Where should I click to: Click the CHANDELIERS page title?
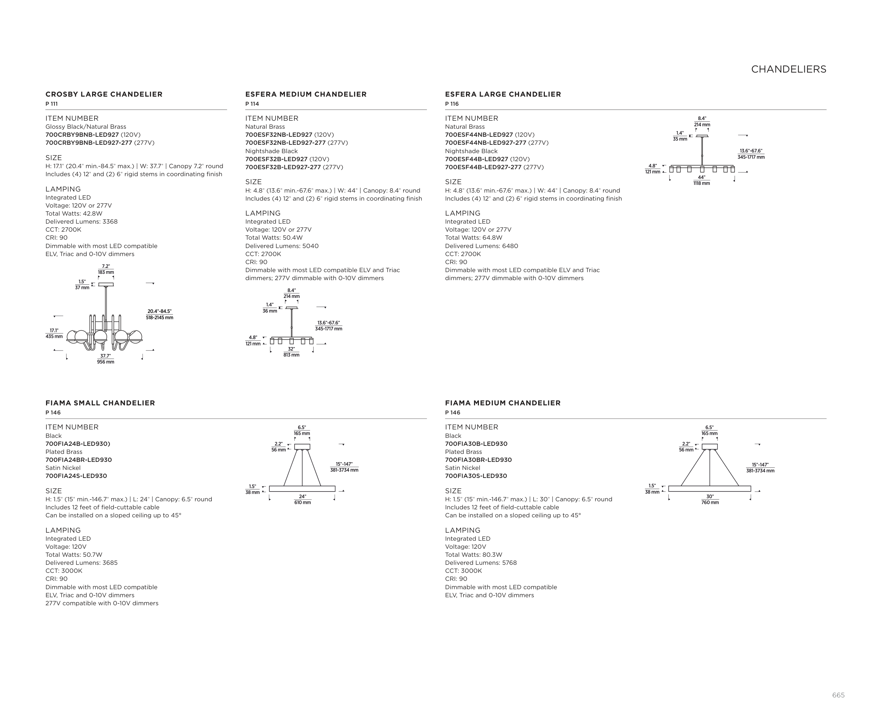tap(789, 69)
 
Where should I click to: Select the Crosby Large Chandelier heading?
tap(104, 94)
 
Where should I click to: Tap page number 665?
tap(838, 695)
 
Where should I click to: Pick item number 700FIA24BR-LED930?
tap(78, 460)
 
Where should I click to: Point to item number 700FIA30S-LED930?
tap(476, 476)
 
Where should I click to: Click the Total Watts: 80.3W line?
tap(473, 555)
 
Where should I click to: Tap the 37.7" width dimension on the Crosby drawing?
tap(105, 356)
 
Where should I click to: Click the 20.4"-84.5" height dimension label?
tap(159, 312)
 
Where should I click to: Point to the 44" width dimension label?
tap(701, 177)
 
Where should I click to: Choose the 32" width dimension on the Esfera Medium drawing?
tap(292, 349)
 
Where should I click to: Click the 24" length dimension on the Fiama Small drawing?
tap(302, 496)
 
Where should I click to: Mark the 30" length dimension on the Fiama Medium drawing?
tap(710, 496)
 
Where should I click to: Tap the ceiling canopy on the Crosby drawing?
tap(106, 284)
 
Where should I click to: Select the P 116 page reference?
tap(452, 104)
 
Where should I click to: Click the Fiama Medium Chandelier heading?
tap(502, 403)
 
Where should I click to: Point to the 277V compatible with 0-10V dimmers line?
tap(102, 603)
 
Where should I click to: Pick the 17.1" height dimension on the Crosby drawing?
tap(54, 330)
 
